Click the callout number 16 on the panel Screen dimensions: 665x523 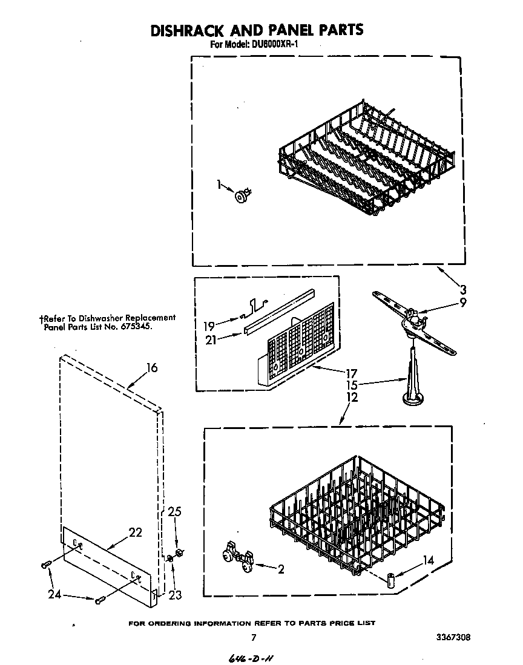point(151,367)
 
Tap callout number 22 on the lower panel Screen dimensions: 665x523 point(135,532)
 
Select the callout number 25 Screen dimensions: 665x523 point(174,512)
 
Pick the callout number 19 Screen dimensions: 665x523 point(208,325)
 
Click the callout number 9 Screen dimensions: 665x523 point(462,303)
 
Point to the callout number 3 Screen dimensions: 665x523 point(462,288)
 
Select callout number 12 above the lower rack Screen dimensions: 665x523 point(352,397)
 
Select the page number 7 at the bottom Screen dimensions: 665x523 point(254,637)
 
